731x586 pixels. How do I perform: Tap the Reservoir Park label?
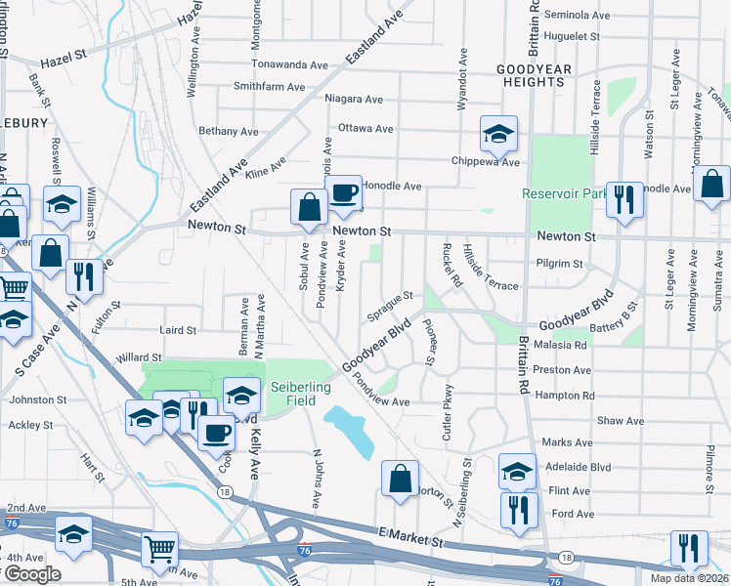pyautogui.click(x=559, y=194)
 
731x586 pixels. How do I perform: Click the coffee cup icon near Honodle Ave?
pyautogui.click(x=342, y=193)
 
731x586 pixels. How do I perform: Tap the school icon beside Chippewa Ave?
pyautogui.click(x=498, y=134)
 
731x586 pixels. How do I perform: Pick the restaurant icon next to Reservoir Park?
pyautogui.click(x=623, y=200)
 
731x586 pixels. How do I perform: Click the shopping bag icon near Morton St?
pyautogui.click(x=400, y=479)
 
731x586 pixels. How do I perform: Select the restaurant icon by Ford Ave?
pyautogui.click(x=518, y=510)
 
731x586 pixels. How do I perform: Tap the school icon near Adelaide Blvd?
pyautogui.click(x=517, y=472)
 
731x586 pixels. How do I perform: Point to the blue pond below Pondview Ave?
pyautogui.click(x=349, y=431)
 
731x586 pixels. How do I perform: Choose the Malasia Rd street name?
pyautogui.click(x=561, y=345)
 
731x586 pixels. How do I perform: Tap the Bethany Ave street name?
pyautogui.click(x=228, y=131)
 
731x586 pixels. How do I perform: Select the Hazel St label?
pyautogui.click(x=64, y=59)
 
